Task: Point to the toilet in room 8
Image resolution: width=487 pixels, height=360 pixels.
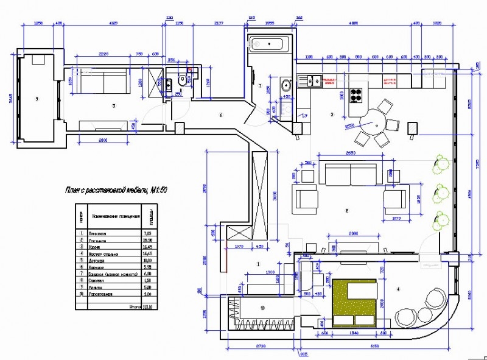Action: coord(182,82)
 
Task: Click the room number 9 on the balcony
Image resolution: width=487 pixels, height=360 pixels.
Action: coord(37,99)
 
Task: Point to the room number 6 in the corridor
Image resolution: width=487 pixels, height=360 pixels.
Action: coord(220,114)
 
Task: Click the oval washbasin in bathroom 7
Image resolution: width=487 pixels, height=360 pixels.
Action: coord(284,85)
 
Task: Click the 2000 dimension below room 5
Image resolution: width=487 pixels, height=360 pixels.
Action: coord(102,140)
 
